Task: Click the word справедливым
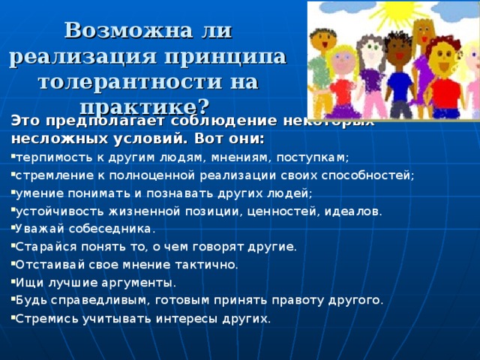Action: coord(89,301)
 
